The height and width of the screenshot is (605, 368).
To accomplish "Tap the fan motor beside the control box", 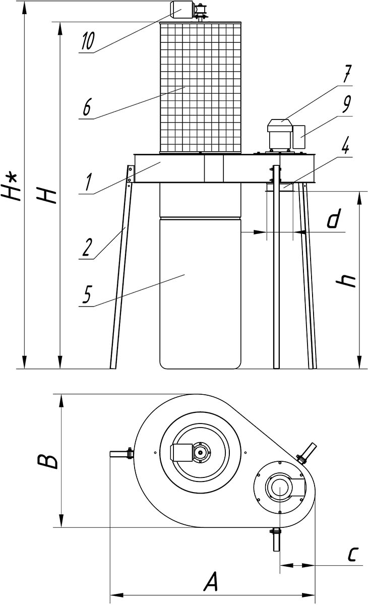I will pos(280,134).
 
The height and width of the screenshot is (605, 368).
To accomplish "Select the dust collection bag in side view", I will pos(200,292).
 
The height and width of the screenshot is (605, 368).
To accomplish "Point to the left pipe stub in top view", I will pos(120,453).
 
